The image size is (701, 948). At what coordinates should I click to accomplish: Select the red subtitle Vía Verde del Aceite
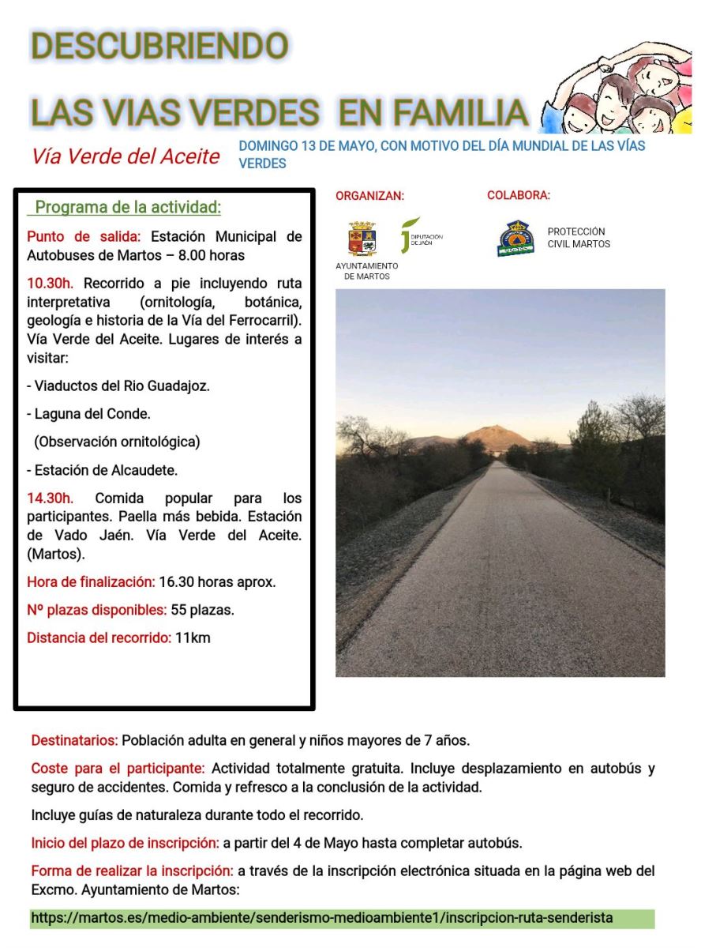[x=126, y=156]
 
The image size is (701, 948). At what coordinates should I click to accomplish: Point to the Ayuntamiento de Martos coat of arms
[x=362, y=239]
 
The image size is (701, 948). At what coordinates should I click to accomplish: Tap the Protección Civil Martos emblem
[x=515, y=238]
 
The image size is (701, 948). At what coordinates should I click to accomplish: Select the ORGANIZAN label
[x=369, y=196]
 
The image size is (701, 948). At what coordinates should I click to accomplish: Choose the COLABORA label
[x=519, y=195]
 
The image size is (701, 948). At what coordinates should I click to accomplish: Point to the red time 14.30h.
[x=51, y=498]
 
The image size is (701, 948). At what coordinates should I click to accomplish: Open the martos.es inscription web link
[x=322, y=919]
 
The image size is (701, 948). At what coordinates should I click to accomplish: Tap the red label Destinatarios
[x=74, y=741]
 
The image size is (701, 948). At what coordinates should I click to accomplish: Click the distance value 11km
[x=193, y=638]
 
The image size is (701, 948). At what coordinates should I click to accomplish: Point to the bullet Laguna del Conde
[x=88, y=413]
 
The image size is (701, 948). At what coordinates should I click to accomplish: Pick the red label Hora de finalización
[x=91, y=582]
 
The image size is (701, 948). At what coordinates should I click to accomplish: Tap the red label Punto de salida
[x=84, y=236]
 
